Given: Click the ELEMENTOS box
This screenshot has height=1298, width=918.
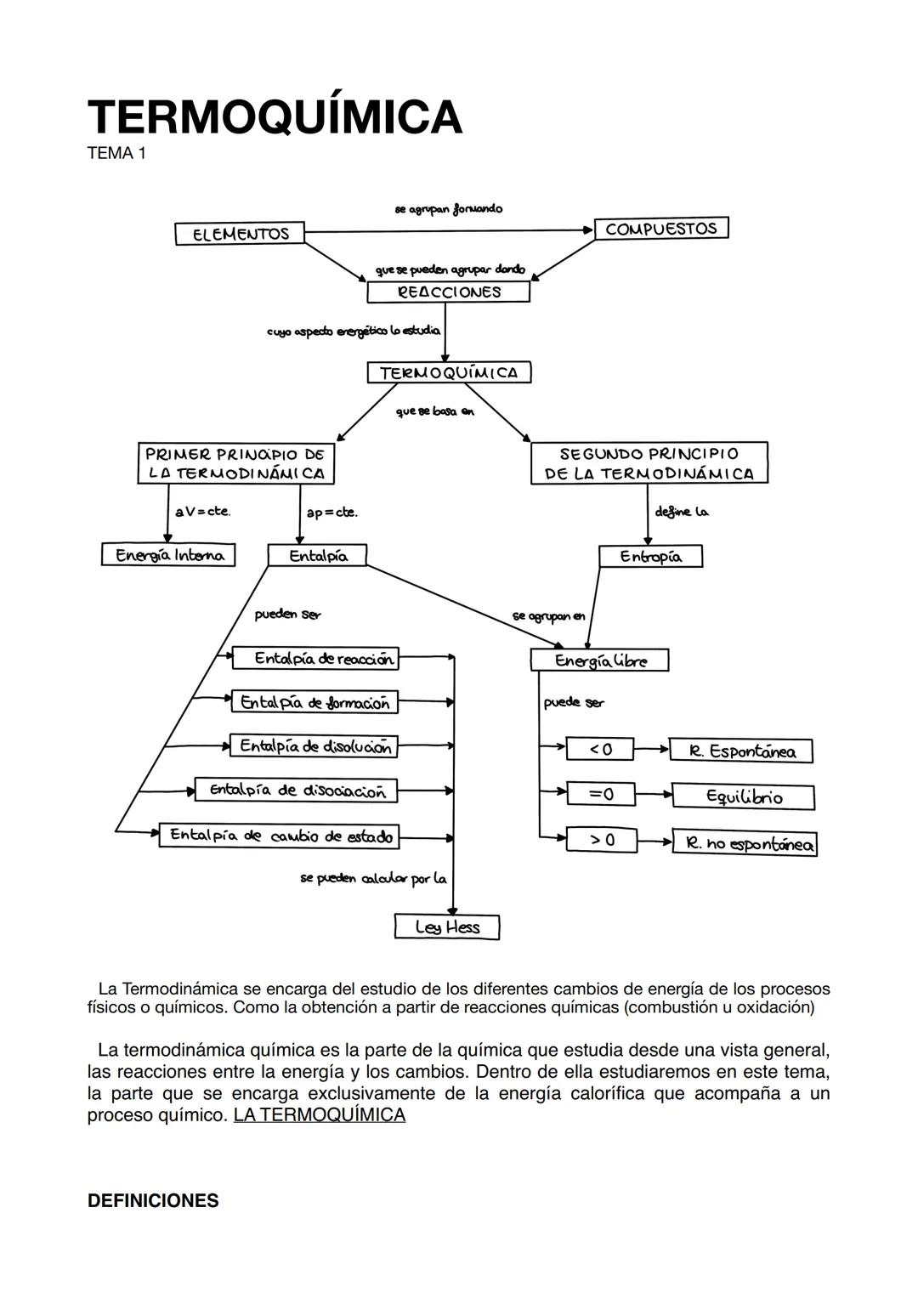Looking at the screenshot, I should tap(240, 234).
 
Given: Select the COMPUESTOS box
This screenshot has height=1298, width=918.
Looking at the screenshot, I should tap(661, 229).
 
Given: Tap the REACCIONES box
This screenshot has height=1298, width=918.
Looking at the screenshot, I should tap(448, 292).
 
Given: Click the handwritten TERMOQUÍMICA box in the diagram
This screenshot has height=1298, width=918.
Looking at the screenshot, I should tap(449, 372).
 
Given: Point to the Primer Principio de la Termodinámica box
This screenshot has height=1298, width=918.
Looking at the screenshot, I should tap(235, 464).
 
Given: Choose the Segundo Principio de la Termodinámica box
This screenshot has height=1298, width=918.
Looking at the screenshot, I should tap(649, 464).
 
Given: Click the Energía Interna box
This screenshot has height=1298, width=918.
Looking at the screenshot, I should tap(168, 555).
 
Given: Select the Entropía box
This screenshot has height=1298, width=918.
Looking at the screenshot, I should tap(650, 557).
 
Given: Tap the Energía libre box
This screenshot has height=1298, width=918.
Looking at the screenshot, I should tap(599, 660).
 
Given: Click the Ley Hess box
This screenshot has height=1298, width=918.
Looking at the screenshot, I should tap(447, 927).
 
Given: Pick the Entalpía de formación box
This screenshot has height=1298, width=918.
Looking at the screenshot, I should tap(314, 703).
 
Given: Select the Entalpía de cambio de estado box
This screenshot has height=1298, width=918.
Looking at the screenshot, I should tap(280, 836).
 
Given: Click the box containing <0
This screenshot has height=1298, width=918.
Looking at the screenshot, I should tap(601, 749).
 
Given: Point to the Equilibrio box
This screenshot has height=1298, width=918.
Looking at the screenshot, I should tap(743, 797).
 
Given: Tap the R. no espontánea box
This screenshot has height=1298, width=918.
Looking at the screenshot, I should tap(745, 844).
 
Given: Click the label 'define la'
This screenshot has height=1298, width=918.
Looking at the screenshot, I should tap(682, 512).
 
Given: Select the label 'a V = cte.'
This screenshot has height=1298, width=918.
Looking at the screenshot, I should tap(202, 512).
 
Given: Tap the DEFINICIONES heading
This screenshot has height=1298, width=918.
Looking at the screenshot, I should tap(153, 1201).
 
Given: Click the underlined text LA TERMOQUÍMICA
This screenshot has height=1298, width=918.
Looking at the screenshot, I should tap(319, 1114).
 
